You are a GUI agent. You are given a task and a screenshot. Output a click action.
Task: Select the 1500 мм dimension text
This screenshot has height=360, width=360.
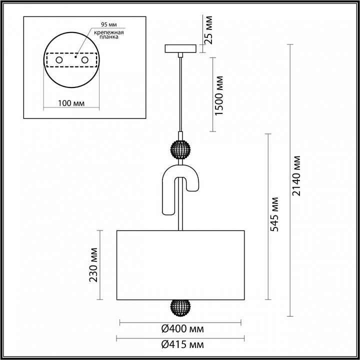218,95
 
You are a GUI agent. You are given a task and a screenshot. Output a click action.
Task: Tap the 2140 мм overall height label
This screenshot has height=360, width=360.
297,175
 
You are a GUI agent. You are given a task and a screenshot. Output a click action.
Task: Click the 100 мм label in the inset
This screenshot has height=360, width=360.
70,103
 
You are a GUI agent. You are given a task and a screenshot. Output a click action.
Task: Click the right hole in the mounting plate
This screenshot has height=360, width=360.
85,60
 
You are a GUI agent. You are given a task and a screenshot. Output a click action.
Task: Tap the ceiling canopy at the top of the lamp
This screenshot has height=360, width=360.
180,49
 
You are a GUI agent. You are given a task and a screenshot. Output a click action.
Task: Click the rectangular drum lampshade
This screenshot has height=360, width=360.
180,265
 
